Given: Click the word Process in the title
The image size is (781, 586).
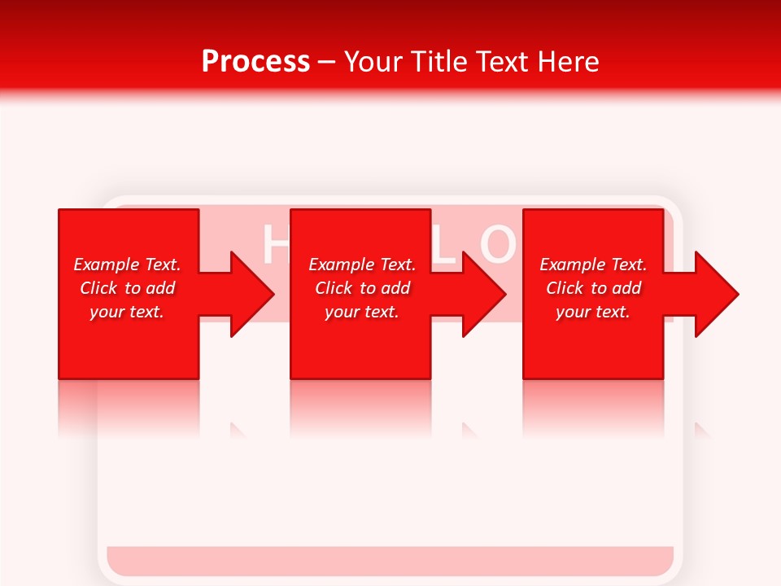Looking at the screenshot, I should (x=255, y=61).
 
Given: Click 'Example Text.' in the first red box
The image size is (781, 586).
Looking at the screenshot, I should (x=127, y=265).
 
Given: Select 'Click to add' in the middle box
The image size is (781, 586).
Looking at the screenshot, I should (x=362, y=288).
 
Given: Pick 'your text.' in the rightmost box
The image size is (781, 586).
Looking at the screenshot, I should (x=593, y=312).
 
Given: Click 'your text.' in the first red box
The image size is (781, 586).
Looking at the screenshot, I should (x=127, y=312).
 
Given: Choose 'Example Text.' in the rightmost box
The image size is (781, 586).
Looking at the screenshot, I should (x=593, y=265).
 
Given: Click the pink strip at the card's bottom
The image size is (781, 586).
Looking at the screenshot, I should (x=390, y=561).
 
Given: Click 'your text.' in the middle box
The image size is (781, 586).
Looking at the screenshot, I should (x=362, y=312).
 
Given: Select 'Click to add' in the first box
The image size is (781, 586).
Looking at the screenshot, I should (x=127, y=288).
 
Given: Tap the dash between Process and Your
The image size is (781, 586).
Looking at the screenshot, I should (x=327, y=62).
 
